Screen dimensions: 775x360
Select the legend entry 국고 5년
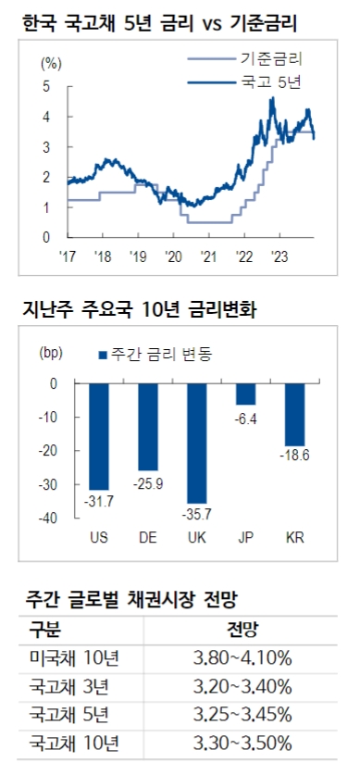click(x=276, y=83)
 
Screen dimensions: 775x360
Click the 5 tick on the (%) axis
click(x=46, y=87)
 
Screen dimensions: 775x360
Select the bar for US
click(x=97, y=436)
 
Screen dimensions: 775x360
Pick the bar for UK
click(x=196, y=444)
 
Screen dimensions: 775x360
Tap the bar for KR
click(x=295, y=415)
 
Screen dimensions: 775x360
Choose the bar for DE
click(x=147, y=427)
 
